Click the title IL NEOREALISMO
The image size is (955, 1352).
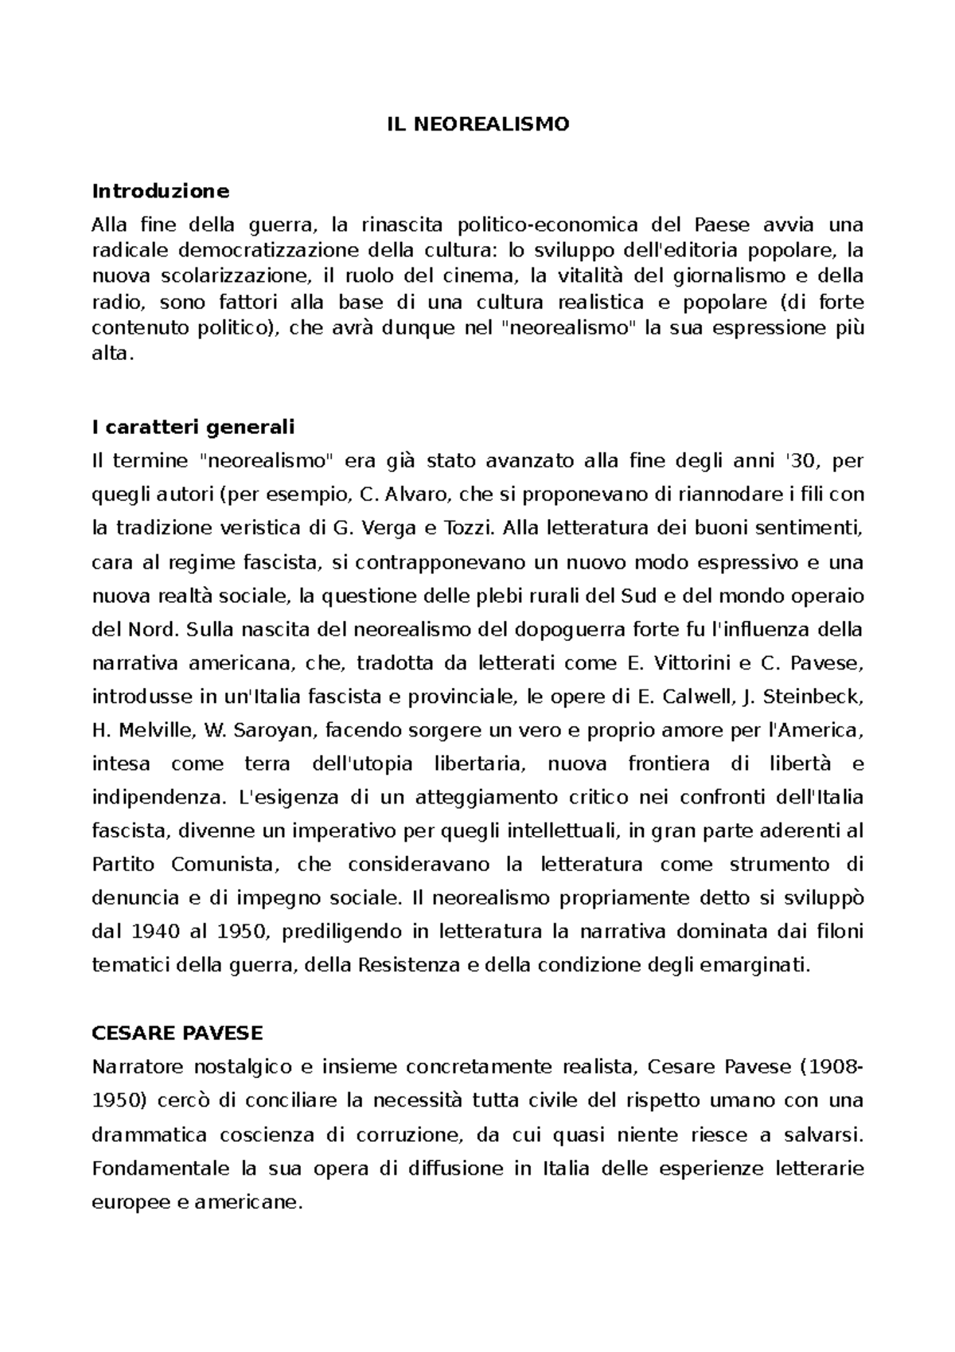pyautogui.click(x=478, y=124)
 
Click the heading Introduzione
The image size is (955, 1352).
pyautogui.click(x=160, y=191)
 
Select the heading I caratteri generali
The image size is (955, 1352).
pyautogui.click(x=193, y=428)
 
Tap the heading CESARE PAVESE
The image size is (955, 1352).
pyautogui.click(x=177, y=1034)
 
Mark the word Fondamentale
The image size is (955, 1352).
pyautogui.click(x=162, y=1169)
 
